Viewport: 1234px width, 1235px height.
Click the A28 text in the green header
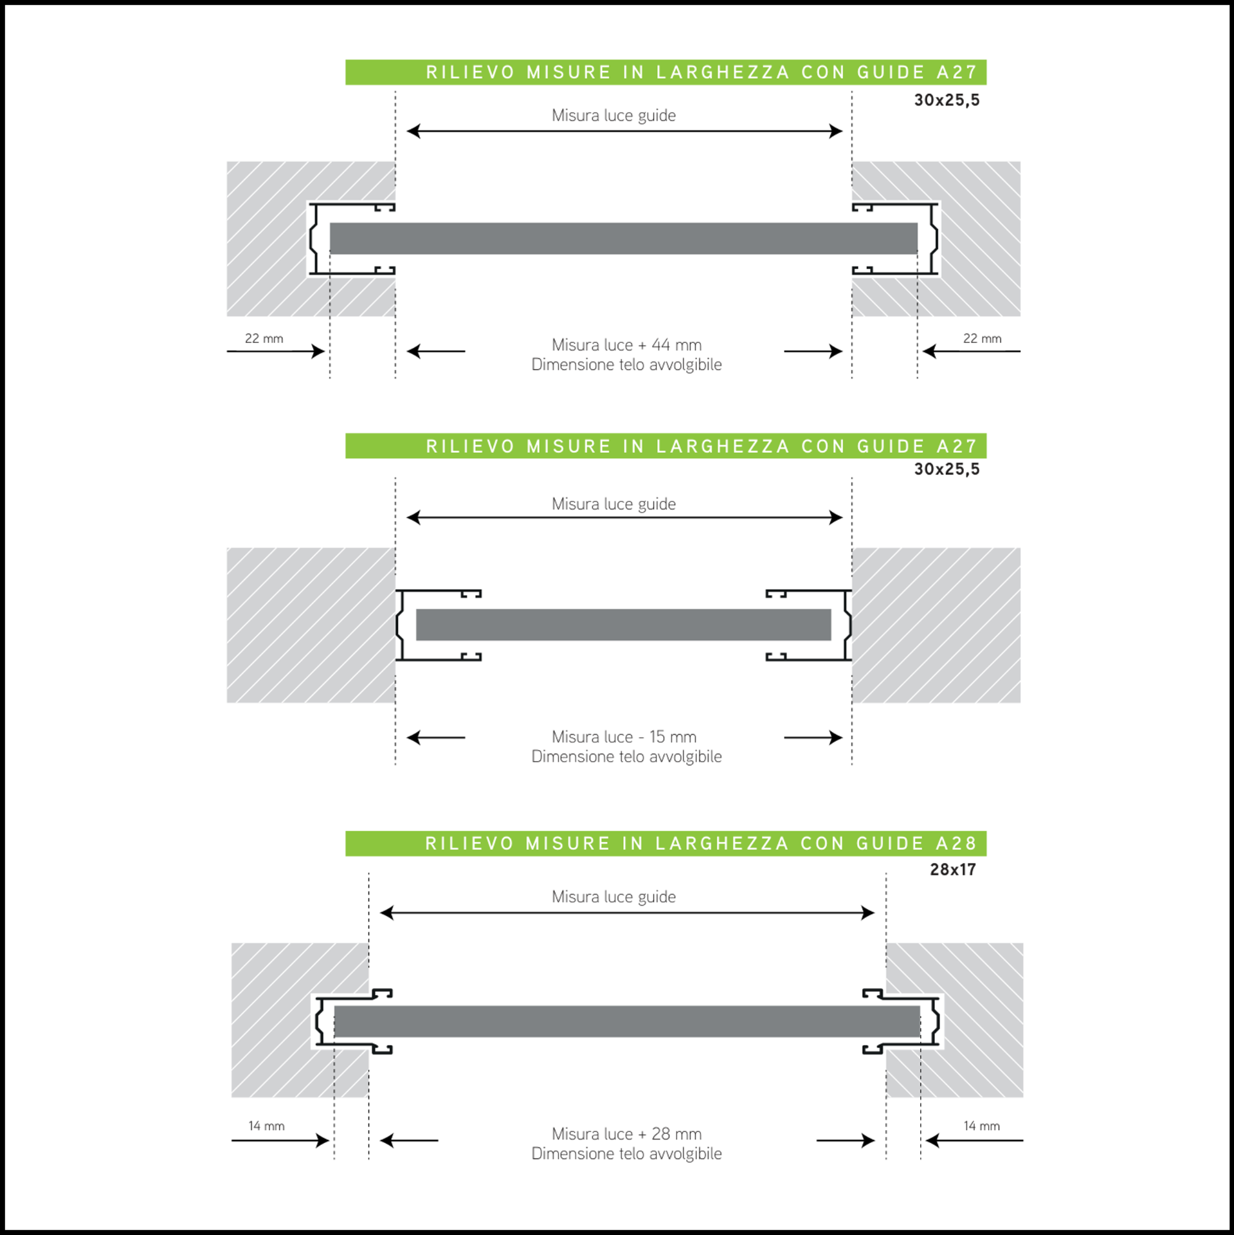click(956, 843)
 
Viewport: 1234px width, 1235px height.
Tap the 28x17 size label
click(953, 870)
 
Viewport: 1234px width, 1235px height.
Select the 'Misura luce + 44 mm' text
click(626, 345)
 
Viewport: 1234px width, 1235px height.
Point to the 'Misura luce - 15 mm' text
click(624, 736)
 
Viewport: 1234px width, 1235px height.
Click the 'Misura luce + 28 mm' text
click(626, 1133)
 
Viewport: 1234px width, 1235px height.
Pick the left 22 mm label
click(264, 338)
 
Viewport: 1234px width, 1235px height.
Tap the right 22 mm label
click(982, 338)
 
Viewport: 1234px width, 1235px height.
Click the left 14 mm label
click(266, 1126)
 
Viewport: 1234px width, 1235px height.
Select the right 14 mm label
click(981, 1126)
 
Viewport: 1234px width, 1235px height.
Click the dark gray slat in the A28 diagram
click(627, 1021)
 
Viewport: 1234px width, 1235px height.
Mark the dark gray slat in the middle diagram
click(623, 625)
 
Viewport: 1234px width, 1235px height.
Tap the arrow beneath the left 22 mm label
click(276, 351)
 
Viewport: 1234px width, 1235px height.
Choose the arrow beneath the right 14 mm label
click(974, 1140)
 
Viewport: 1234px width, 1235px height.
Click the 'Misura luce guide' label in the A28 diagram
click(613, 897)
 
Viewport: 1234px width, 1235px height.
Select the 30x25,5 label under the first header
click(947, 100)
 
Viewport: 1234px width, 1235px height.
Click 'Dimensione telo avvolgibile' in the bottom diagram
click(626, 1153)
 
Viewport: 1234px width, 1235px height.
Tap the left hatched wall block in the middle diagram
click(311, 625)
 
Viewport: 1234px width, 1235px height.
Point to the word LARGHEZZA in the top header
click(723, 72)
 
